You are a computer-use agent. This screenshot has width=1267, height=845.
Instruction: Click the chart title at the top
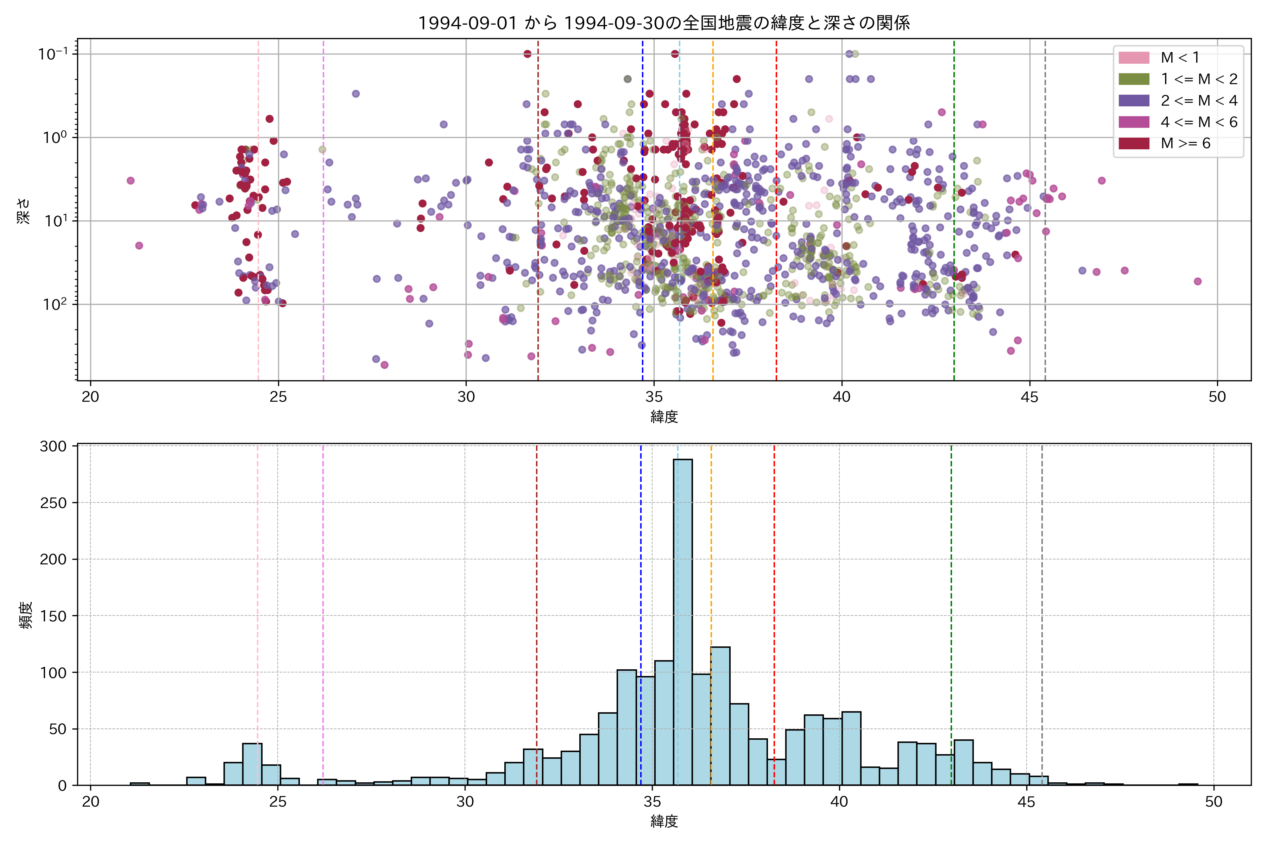[x=664, y=23]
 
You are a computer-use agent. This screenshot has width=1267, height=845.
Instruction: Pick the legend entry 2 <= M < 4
[x=1199, y=101]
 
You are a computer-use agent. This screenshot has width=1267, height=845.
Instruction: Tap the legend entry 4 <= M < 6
[x=1199, y=122]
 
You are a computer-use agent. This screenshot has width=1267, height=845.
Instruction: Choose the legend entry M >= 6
[x=1185, y=143]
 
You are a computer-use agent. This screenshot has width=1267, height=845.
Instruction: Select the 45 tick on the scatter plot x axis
[x=1029, y=397]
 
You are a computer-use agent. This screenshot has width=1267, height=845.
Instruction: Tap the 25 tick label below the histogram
[x=278, y=802]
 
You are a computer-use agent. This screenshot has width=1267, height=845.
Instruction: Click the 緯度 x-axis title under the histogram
[x=664, y=822]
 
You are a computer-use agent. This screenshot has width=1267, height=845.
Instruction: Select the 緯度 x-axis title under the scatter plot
[x=664, y=417]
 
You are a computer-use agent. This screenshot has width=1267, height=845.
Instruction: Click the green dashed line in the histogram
[x=951, y=593]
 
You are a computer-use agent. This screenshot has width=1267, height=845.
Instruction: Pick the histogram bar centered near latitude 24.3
[x=252, y=764]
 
